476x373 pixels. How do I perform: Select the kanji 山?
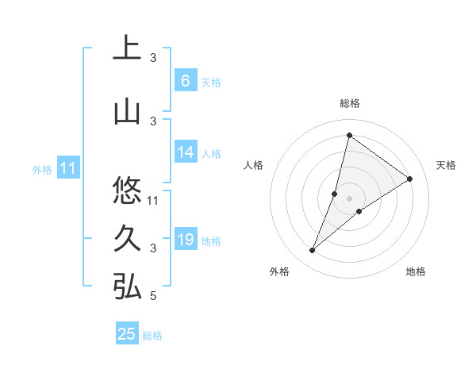tap(127, 113)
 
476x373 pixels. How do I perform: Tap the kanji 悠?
tap(127, 190)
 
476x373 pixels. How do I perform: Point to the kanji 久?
tap(127, 239)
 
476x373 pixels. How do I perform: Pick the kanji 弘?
tap(127, 287)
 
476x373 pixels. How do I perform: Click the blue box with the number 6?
tap(185, 81)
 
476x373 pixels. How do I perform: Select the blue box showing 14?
tap(185, 152)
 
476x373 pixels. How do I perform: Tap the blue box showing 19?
tap(185, 240)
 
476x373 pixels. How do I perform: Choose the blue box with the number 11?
tap(68, 168)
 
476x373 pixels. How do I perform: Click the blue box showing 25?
tap(127, 334)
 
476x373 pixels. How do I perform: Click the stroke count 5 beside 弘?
tap(153, 296)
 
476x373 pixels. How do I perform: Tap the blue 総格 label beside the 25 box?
tap(152, 336)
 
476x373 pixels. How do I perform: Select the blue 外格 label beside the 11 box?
tap(42, 169)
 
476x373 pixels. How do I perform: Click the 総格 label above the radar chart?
tap(350, 103)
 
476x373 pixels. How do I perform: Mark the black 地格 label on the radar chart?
tap(416, 272)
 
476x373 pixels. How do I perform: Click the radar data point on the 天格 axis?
tap(410, 179)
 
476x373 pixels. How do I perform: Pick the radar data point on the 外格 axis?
tap(313, 251)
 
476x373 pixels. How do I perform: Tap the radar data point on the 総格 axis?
tap(349, 135)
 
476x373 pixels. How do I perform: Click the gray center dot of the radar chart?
tap(349, 198)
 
